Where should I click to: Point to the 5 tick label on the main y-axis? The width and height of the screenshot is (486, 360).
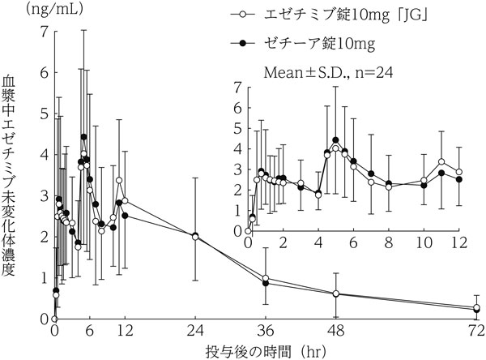pyautogui.click(x=43, y=113)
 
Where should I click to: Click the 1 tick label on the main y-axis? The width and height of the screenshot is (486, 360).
pyautogui.click(x=43, y=277)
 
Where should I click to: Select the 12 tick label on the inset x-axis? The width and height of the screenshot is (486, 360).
pyautogui.click(x=459, y=243)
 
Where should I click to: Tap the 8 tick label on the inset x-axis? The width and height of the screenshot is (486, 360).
pyautogui.click(x=389, y=243)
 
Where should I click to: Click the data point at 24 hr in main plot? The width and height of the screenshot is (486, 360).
pyautogui.click(x=195, y=236)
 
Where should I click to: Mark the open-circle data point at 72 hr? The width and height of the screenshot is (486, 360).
pyautogui.click(x=477, y=307)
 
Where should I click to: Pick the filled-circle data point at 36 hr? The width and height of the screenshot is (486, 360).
pyautogui.click(x=266, y=283)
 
